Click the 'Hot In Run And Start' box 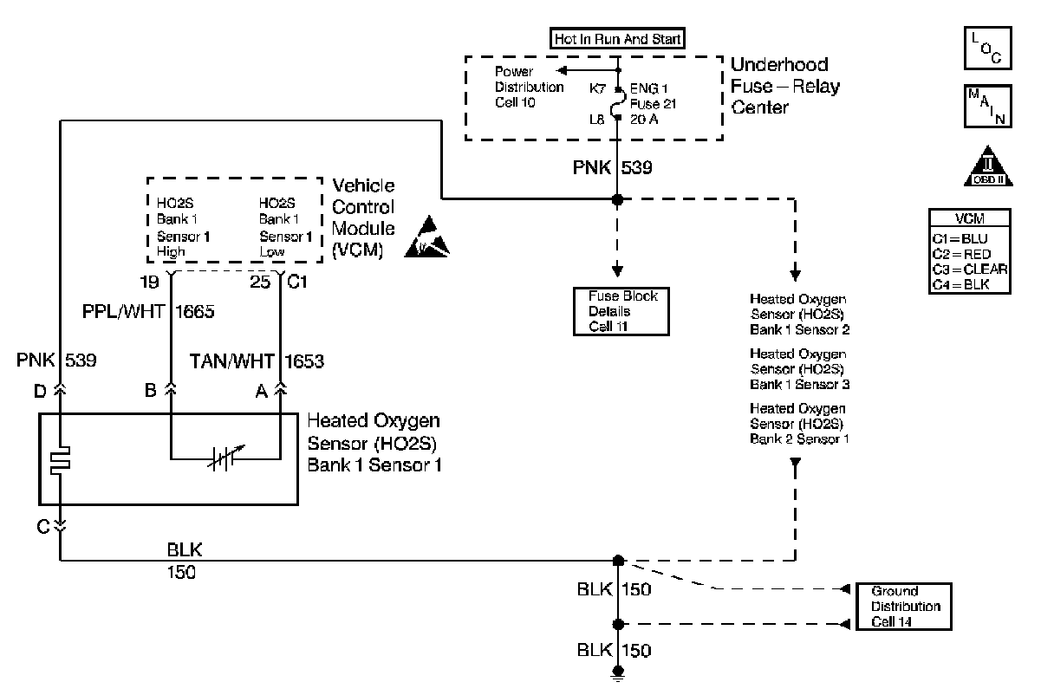pos(618,38)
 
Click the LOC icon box pos(986,48)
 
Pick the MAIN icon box pos(986,106)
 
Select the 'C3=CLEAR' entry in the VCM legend pos(969,268)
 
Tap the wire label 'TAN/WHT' pos(231,360)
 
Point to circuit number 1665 pos(196,313)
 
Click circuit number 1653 pos(303,360)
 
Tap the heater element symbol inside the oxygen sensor pos(61,460)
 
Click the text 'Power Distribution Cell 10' pos(529,87)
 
